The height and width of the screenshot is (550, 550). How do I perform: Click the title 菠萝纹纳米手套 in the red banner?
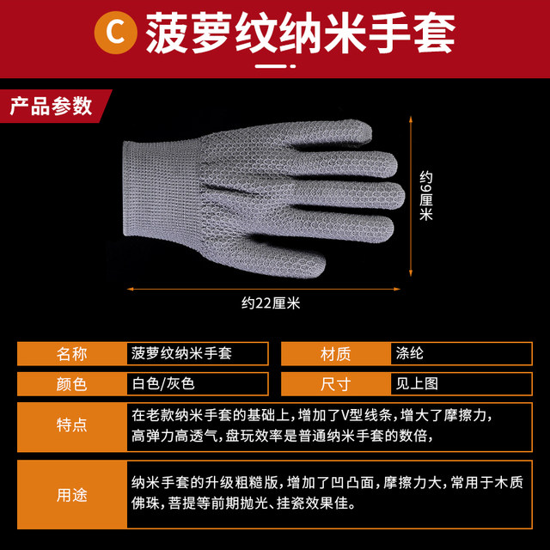point(300,33)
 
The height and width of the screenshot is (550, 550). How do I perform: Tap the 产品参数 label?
point(50,106)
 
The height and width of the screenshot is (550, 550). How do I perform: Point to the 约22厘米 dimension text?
point(270,302)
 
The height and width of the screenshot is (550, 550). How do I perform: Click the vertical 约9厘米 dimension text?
point(426,196)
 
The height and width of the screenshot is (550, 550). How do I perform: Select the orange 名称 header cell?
point(71,353)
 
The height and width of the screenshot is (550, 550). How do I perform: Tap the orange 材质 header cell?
point(335,353)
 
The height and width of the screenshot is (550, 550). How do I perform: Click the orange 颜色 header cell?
point(71,384)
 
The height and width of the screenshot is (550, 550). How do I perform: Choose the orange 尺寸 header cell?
point(335,384)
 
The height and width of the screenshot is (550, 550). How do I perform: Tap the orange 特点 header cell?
point(71,425)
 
